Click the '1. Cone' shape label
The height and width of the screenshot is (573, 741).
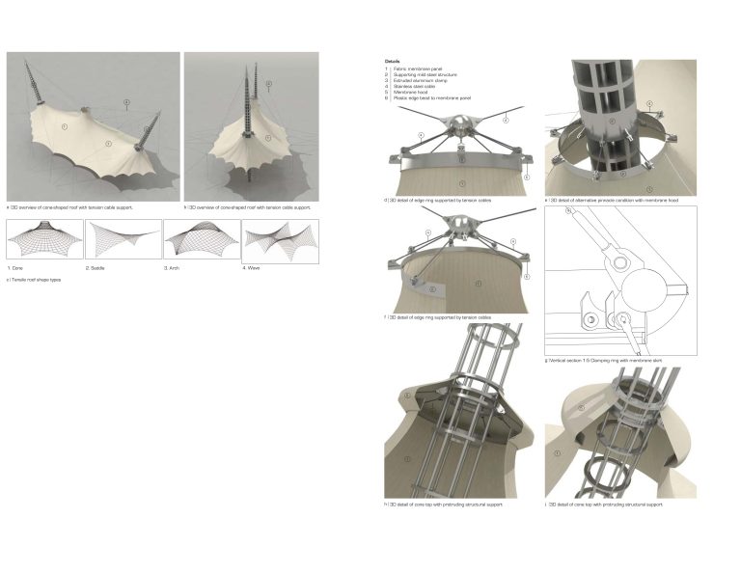(x=17, y=267)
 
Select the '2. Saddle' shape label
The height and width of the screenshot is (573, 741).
(x=96, y=267)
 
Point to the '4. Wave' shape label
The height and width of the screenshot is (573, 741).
(x=253, y=267)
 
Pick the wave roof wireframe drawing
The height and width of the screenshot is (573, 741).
(x=279, y=239)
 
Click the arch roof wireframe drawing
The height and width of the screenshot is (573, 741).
(x=201, y=239)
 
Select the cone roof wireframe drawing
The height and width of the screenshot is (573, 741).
(x=43, y=239)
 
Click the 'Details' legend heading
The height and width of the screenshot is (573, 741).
(x=392, y=61)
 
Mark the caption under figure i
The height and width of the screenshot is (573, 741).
(x=605, y=505)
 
